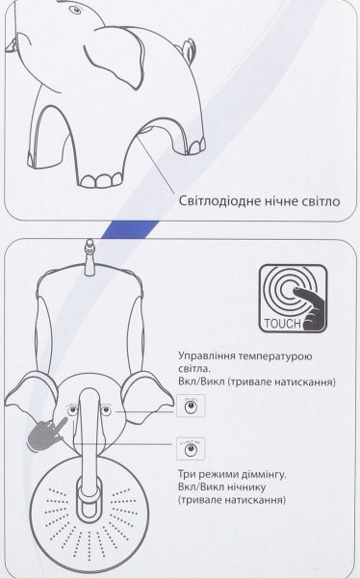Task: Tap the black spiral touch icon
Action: [x=299, y=293]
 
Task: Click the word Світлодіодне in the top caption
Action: [x=221, y=204]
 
